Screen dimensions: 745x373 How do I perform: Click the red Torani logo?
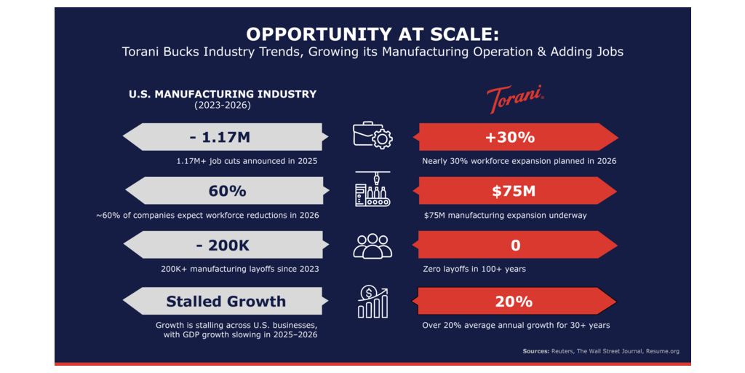[516, 98]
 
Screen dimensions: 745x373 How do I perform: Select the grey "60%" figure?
[227, 191]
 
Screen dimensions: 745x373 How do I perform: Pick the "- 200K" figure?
[223, 245]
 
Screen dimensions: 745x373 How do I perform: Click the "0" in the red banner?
[516, 245]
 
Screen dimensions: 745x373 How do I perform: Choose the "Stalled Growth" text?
[226, 301]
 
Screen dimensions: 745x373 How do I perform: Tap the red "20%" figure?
[514, 302]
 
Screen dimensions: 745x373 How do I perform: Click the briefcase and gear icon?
[372, 135]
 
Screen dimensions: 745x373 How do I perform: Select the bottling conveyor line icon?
[372, 189]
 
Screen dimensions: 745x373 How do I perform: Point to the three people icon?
[372, 246]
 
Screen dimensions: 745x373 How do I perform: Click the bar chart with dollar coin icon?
[373, 302]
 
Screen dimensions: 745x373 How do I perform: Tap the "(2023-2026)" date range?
[223, 106]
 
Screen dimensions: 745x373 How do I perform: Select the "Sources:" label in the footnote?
[535, 351]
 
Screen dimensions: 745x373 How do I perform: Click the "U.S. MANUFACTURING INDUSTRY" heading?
[223, 94]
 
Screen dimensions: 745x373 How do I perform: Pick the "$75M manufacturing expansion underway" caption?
[505, 216]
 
